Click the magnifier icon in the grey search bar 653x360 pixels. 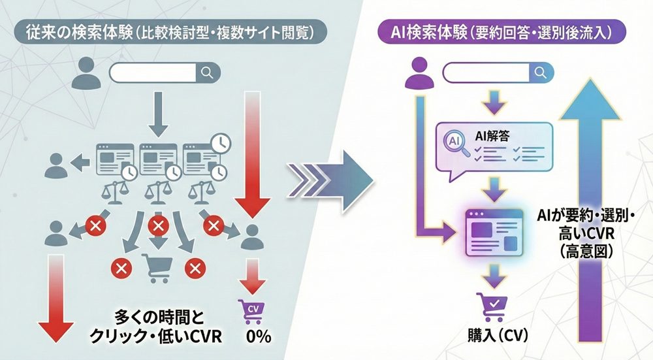[x=207, y=73]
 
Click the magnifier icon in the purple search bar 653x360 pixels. [x=539, y=72]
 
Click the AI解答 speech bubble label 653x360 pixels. [x=495, y=137]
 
